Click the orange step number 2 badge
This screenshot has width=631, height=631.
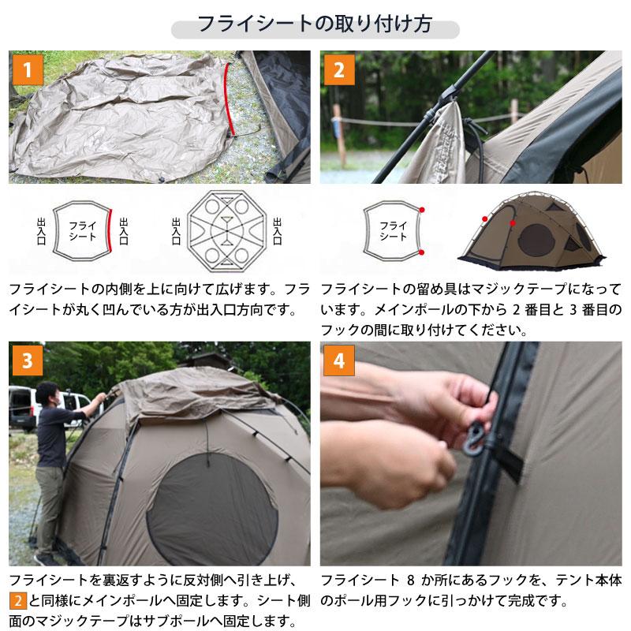coord(338,70)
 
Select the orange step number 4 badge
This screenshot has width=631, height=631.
coord(338,361)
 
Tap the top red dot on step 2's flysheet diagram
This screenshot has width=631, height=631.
coord(423,210)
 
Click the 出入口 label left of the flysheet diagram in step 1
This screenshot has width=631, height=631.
coord(41,231)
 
